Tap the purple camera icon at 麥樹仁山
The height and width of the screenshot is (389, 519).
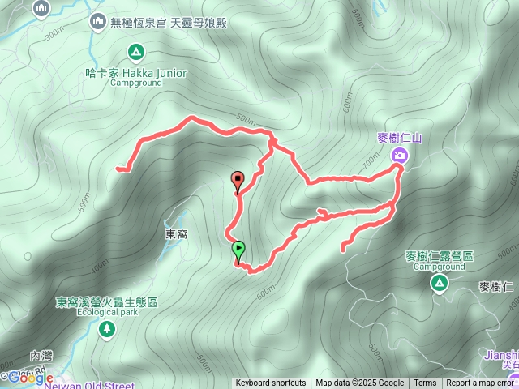[400, 155]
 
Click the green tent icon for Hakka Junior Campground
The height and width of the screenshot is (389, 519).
[137, 54]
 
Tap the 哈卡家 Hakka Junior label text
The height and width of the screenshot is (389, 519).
[136, 73]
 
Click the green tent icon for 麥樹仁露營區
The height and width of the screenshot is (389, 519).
[439, 282]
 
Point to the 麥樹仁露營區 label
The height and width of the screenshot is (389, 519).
[439, 256]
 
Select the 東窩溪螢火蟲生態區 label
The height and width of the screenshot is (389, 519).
[106, 302]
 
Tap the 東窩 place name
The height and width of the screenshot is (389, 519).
[177, 233]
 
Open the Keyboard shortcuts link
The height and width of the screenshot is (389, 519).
[271, 383]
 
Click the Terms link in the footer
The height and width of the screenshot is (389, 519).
[425, 383]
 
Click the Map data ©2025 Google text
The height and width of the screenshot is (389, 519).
[359, 383]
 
